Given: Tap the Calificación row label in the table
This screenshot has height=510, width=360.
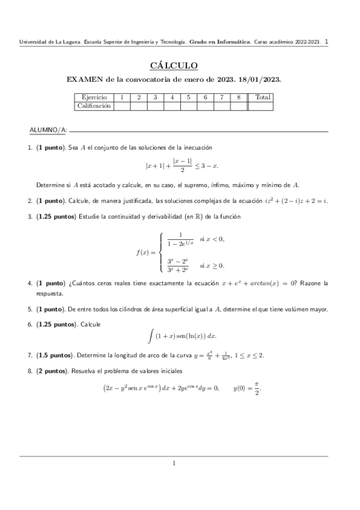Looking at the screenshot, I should (x=94, y=106).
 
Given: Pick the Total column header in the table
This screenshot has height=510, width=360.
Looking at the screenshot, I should (x=262, y=97).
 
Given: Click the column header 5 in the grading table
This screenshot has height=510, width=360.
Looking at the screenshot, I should (x=188, y=97).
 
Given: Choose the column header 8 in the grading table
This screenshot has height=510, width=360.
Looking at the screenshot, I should (x=239, y=97).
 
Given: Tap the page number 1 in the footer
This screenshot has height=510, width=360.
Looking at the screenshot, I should (x=174, y=462).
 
